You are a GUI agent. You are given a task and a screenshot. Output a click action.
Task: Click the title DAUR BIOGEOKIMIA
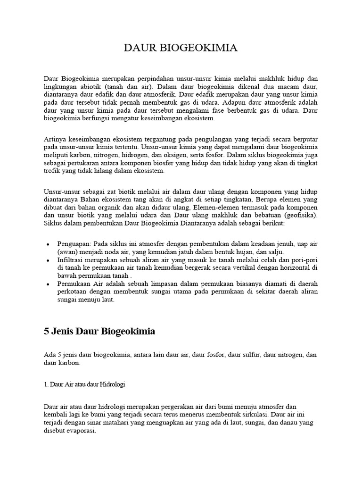click(x=181, y=48)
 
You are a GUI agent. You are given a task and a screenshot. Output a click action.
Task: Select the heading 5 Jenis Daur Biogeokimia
click(x=99, y=332)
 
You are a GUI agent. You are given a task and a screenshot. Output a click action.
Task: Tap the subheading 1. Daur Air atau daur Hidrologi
click(x=84, y=384)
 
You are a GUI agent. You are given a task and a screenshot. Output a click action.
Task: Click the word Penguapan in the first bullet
click(x=74, y=243)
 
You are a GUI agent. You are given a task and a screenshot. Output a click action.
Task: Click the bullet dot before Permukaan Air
click(x=49, y=284)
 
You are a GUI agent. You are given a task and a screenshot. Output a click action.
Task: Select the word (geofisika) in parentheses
click(x=298, y=215)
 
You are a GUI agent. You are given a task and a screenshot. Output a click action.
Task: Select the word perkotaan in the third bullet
click(x=72, y=292)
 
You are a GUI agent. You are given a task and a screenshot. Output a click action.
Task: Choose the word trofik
click(x=53, y=171)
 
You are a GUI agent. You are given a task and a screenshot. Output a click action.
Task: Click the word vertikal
click(x=250, y=267)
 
